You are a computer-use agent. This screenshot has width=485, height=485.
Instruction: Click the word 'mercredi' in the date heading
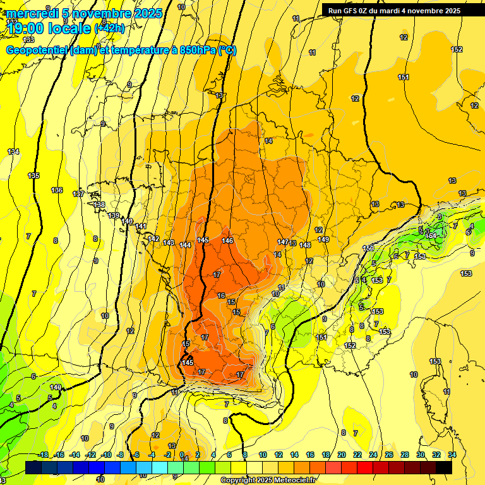click(x=33, y=13)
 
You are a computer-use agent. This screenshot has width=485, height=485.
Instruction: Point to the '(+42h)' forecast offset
click(x=109, y=28)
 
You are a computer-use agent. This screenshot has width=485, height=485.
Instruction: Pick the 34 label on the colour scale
click(x=452, y=455)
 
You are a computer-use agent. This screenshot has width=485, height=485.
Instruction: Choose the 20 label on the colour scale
click(x=342, y=455)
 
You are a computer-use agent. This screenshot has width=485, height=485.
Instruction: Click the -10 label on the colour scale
click(x=106, y=455)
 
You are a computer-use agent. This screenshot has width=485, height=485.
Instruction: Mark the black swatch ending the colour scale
click(x=444, y=467)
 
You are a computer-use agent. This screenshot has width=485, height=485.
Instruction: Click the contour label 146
click(x=228, y=241)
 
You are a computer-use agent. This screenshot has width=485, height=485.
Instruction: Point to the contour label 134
click(x=13, y=152)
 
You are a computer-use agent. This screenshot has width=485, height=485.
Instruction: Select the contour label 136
click(x=57, y=190)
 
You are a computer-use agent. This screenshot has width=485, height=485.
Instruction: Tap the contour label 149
click(x=323, y=239)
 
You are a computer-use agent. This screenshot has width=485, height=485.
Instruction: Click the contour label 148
click(x=305, y=245)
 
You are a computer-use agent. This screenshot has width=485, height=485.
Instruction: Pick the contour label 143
click(x=169, y=242)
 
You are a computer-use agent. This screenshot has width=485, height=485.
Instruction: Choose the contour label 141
click(x=141, y=227)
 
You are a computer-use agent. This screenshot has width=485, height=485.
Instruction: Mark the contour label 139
click(x=114, y=216)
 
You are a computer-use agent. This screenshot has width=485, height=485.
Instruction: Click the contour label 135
click(x=33, y=176)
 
